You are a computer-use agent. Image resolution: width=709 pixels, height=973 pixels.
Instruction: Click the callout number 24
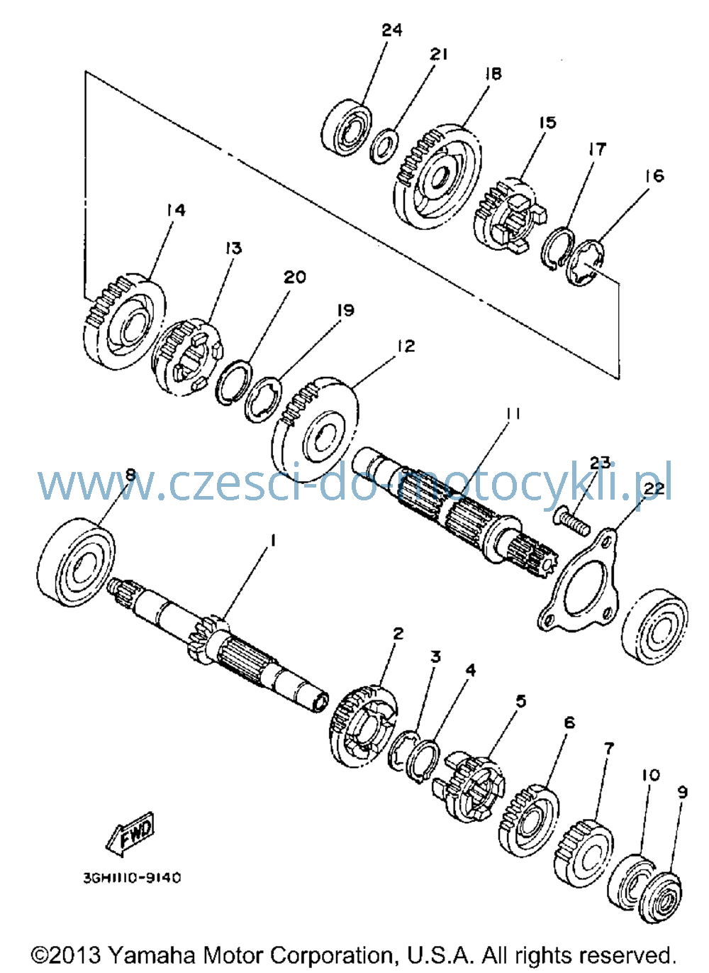click(x=392, y=31)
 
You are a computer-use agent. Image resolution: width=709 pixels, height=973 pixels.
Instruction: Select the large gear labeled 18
click(x=437, y=175)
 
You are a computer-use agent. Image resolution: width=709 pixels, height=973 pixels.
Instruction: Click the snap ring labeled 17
click(x=558, y=249)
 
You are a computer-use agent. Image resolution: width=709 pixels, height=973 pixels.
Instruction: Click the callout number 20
click(x=295, y=277)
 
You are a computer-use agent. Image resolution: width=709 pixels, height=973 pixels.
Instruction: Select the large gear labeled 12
click(x=315, y=429)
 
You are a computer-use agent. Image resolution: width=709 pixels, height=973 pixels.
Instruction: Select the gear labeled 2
click(x=365, y=725)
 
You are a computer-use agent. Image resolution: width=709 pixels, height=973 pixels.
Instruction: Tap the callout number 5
click(x=520, y=701)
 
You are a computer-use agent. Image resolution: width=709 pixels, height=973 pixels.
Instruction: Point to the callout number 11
click(x=512, y=414)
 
